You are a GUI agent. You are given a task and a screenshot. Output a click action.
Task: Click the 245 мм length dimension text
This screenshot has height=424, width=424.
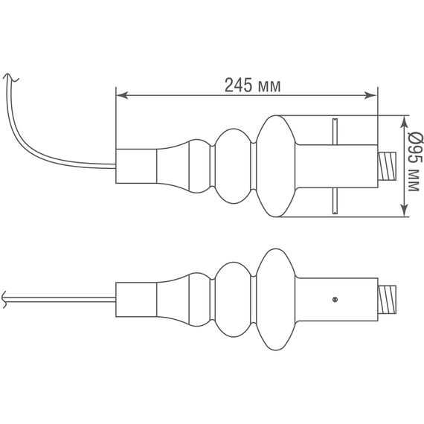[253, 85]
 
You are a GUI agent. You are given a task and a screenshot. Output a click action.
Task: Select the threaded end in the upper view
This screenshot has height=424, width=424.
[387, 165]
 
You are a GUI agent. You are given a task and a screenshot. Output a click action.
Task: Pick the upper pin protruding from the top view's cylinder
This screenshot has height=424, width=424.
[335, 130]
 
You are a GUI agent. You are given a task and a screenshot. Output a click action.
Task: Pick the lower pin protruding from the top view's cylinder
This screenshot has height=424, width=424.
[335, 201]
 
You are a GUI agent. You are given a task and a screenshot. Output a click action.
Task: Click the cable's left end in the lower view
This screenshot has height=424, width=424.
[4, 299]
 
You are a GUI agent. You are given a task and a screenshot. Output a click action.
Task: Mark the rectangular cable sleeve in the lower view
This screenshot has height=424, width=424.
[136, 299]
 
